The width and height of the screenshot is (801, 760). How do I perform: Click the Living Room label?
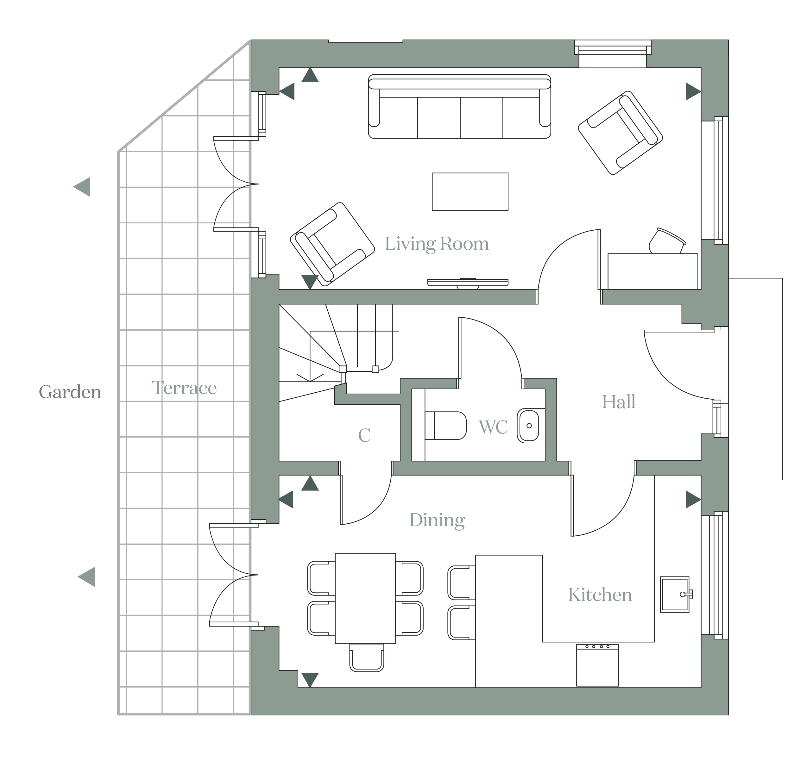pos(437,244)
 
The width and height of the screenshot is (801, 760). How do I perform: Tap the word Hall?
pos(618,402)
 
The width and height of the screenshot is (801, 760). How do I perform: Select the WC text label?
pos(493,427)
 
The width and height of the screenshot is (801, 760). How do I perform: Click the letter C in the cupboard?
pos(364,435)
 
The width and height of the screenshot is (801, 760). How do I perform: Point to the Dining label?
pos(437,520)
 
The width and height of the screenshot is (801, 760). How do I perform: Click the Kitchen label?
pos(600,595)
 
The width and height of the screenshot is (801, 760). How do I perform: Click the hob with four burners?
pos(597,665)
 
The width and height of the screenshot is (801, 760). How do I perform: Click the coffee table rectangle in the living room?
pos(470,192)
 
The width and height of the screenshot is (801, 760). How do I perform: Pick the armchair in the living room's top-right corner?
pos(620,133)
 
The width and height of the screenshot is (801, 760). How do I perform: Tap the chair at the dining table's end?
pos(366,657)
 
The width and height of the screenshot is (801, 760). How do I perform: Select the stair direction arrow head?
pos(310,377)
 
